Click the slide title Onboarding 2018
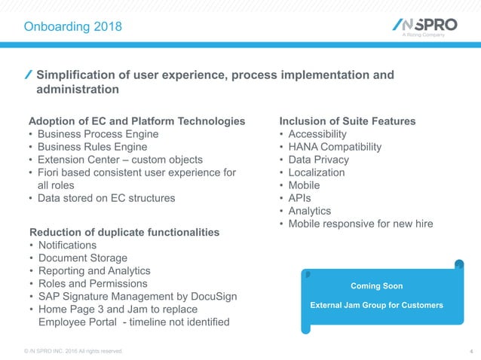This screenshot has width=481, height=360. [72, 27]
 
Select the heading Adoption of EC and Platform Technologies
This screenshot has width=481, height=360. [136, 121]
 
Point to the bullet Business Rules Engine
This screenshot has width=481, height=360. [93, 147]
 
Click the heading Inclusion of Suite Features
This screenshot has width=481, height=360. [348, 121]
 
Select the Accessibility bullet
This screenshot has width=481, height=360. [323, 134]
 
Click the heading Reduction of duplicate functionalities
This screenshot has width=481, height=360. [124, 232]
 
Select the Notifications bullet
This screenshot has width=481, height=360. [67, 245]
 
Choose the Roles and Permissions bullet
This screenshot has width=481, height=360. [93, 283]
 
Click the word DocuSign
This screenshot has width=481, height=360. [211, 296]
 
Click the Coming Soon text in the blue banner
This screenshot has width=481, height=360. [377, 286]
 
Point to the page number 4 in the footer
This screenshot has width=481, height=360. [470, 351]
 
